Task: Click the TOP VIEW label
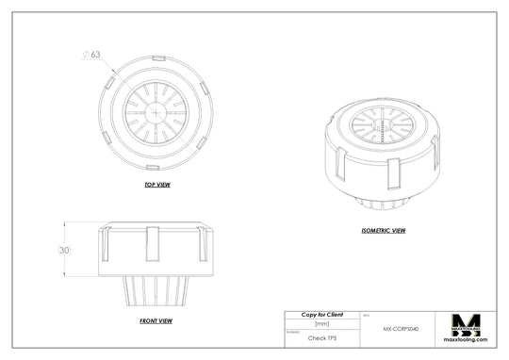click(x=156, y=185)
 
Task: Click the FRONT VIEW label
click(x=156, y=321)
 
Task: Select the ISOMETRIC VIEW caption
click(x=384, y=230)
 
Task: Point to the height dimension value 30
click(x=64, y=252)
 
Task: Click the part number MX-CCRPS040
click(x=401, y=330)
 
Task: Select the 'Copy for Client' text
click(x=321, y=314)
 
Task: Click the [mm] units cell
click(x=321, y=323)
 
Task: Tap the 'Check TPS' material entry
click(x=321, y=337)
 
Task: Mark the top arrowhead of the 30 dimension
click(x=64, y=224)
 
